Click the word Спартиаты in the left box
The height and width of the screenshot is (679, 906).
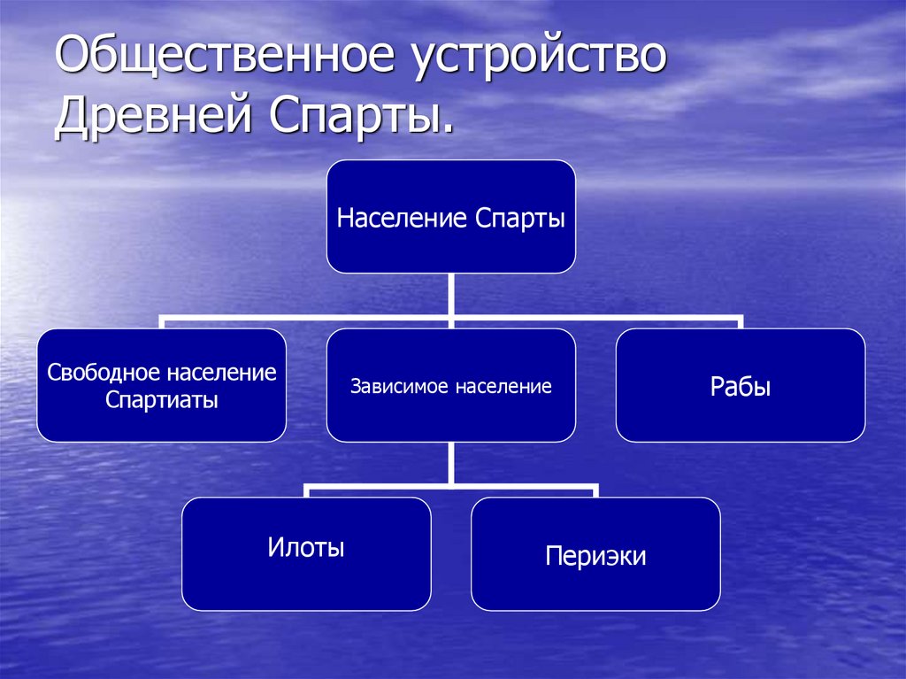click(x=162, y=400)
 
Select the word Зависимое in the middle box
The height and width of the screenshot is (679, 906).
click(x=395, y=387)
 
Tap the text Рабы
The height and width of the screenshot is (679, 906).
click(x=741, y=387)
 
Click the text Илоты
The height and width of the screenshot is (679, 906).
click(x=306, y=548)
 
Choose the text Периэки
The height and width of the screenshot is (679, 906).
click(x=595, y=556)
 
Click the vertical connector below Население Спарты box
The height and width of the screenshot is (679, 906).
click(x=451, y=292)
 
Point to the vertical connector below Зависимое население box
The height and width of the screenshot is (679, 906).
click(x=451, y=462)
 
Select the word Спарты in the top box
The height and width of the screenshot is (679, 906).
click(x=519, y=218)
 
